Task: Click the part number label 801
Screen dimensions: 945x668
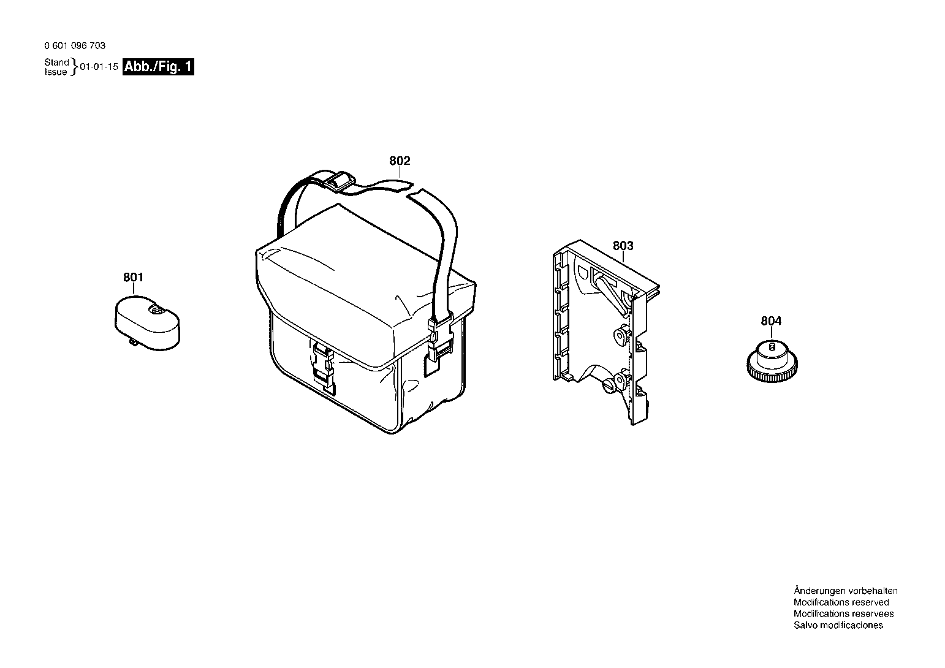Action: [134, 277]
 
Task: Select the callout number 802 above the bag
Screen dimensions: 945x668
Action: [400, 161]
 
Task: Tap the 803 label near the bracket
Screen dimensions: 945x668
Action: [623, 246]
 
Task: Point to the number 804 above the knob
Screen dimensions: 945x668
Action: [771, 321]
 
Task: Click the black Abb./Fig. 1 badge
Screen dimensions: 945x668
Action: [158, 67]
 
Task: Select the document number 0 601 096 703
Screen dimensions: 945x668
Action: [75, 45]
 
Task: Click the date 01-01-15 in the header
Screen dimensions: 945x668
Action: [99, 67]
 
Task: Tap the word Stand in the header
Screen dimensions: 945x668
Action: [56, 62]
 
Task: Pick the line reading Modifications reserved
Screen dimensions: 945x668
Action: [841, 602]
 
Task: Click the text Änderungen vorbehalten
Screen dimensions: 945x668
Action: [846, 590]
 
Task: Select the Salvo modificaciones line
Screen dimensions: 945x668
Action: [838, 625]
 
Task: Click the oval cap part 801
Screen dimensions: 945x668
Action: [147, 323]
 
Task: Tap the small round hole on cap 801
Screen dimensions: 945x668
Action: [154, 311]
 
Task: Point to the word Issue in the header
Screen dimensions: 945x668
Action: [56, 72]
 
